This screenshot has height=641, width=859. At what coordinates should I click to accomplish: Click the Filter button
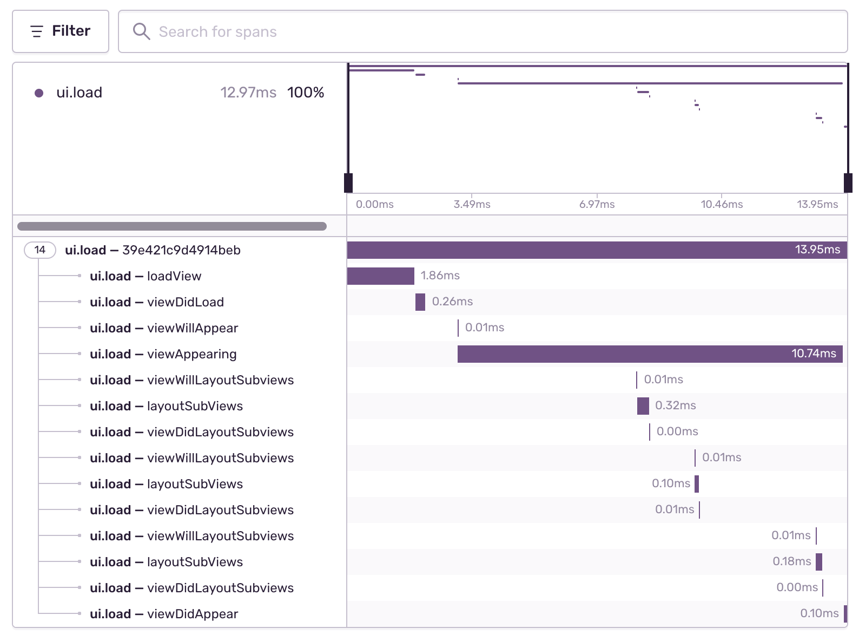tap(61, 31)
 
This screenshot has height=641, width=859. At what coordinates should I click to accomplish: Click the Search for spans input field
tap(487, 31)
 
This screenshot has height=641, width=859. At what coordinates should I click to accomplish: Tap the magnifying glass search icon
tap(141, 31)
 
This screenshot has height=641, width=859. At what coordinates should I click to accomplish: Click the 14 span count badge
tap(40, 250)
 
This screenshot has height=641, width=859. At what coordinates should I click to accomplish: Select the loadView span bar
tap(380, 276)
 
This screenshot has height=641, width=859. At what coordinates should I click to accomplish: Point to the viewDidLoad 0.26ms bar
tap(420, 302)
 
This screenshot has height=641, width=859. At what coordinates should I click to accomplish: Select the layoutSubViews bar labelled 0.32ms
tap(643, 406)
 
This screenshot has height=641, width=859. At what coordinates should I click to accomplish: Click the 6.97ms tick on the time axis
tap(597, 204)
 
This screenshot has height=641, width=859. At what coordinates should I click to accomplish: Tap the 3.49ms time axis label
tap(472, 204)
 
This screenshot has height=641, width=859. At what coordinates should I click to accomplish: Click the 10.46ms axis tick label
tap(722, 204)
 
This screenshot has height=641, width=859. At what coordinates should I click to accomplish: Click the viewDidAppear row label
tap(192, 614)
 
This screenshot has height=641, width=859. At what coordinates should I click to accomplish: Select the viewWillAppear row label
tap(192, 328)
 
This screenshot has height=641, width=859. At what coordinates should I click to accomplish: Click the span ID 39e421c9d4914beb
tap(181, 250)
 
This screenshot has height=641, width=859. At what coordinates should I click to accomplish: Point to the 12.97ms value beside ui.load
tap(248, 93)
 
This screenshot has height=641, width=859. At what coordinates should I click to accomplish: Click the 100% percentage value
tap(306, 93)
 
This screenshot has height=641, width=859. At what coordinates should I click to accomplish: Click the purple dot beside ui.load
tap(39, 93)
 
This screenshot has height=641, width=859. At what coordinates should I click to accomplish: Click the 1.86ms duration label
tap(440, 276)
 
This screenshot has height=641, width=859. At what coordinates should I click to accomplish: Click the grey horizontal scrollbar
tap(172, 226)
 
